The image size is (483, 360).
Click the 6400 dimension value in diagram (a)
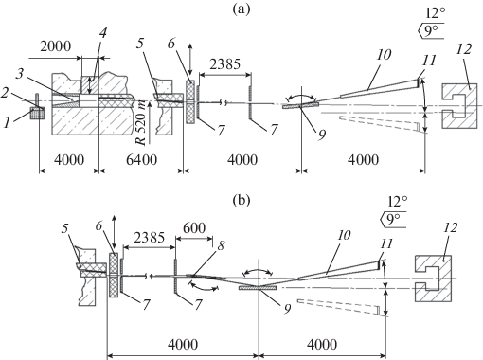[141, 160]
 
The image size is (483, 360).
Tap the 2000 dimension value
[56, 46]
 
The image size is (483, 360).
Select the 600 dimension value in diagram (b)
[194, 227]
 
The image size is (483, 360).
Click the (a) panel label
[241, 9]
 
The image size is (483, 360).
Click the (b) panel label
[241, 200]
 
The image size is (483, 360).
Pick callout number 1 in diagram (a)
[7, 123]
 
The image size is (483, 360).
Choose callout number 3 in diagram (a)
[20, 75]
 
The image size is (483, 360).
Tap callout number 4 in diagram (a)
[103, 33]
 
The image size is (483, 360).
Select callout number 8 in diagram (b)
[221, 245]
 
